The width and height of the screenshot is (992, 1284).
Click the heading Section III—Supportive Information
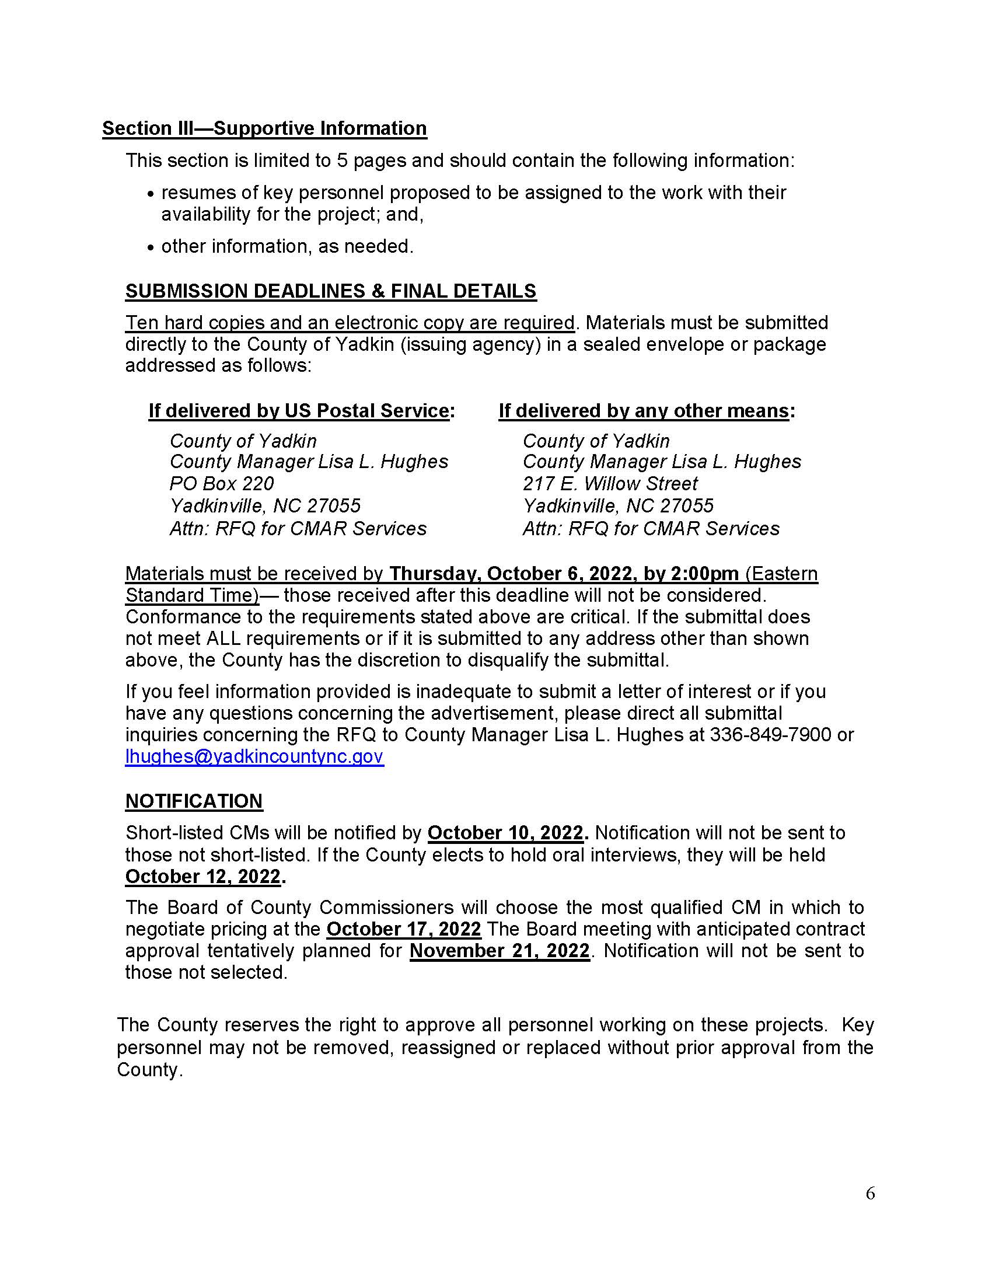[264, 128]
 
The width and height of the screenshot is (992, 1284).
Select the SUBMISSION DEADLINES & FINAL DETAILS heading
[331, 291]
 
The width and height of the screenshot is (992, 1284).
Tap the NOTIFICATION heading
[194, 801]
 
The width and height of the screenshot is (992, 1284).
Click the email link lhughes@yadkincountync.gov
[254, 756]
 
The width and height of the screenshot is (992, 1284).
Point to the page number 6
[871, 1193]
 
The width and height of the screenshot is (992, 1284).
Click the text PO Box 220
[222, 483]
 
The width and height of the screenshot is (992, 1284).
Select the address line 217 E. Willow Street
[610, 483]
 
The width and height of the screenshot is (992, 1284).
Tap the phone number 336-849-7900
[770, 734]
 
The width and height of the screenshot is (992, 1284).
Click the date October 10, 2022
[505, 832]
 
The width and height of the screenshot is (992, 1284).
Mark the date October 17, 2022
[404, 929]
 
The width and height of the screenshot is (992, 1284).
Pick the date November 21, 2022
[500, 951]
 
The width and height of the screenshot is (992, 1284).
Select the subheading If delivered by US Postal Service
[299, 410]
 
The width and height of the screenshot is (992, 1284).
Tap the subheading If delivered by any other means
[644, 410]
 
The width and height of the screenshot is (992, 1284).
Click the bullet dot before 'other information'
[151, 247]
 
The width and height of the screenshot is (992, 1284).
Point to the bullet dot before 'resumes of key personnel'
[151, 194]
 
